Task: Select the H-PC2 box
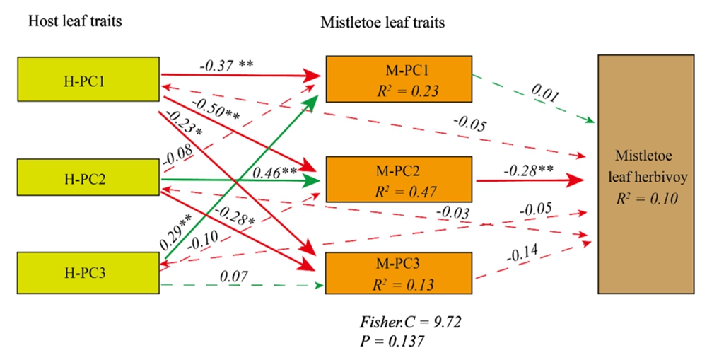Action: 88,180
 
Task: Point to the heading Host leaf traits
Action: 74,21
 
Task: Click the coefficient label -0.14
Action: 524,254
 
